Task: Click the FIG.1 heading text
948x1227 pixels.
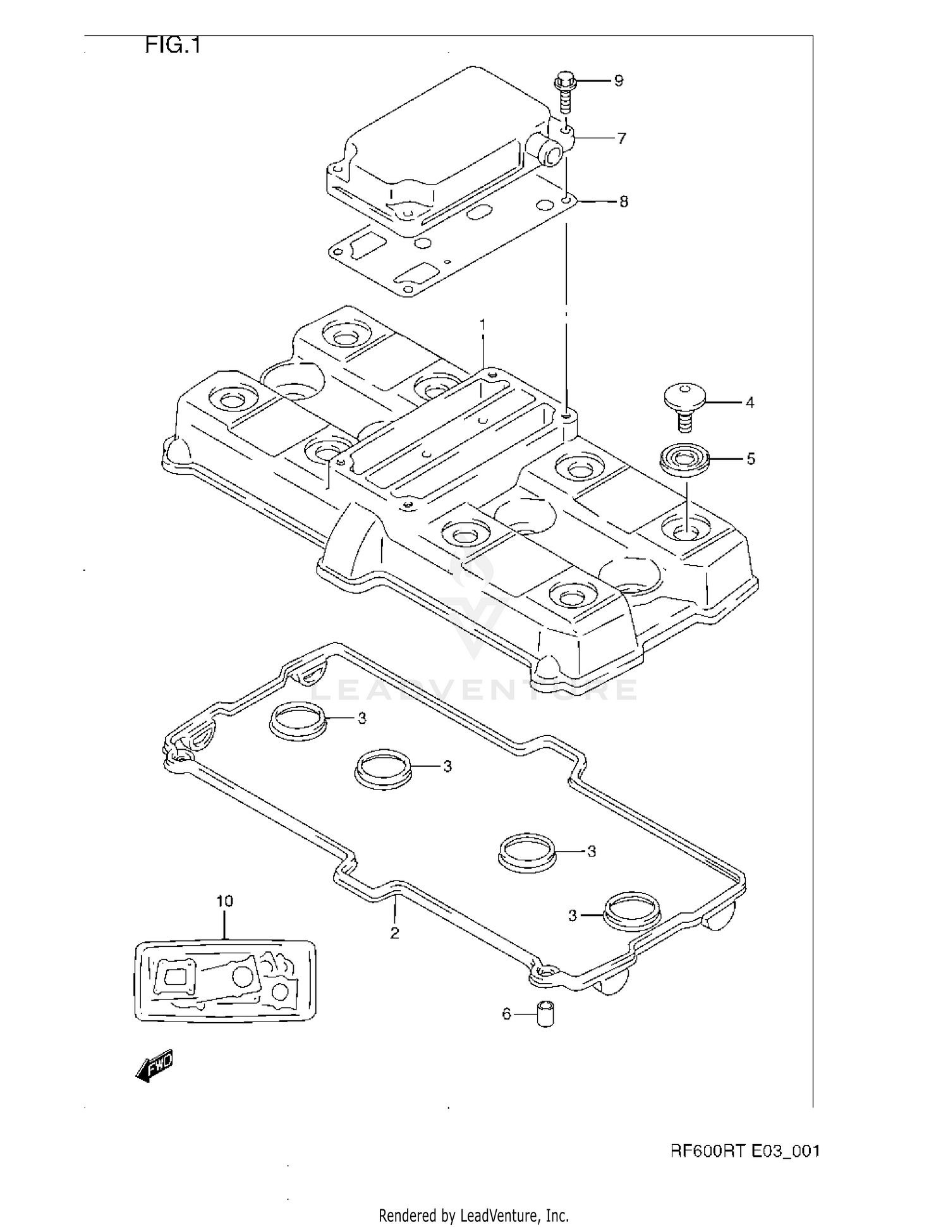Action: coord(173,46)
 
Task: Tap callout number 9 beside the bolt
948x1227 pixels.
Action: coord(618,81)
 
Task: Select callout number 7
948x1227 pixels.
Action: coord(621,138)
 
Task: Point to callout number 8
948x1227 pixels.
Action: coord(623,202)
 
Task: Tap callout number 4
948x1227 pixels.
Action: coord(750,403)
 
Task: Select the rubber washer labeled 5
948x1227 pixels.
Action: coord(684,459)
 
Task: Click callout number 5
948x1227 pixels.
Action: coord(751,459)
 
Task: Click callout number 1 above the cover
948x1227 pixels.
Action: coord(483,324)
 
